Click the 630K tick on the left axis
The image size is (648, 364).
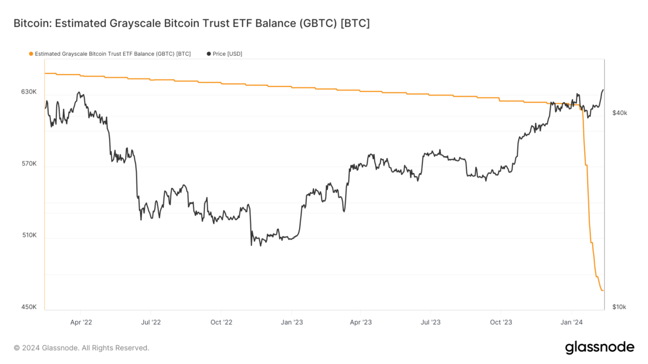[x=29, y=92]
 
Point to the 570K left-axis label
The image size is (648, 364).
[x=29, y=164]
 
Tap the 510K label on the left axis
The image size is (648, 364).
[x=29, y=235]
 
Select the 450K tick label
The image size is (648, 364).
[x=29, y=307]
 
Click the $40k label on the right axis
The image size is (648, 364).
[x=619, y=113]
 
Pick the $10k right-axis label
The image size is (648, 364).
[x=619, y=307]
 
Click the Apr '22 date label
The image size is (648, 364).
[x=81, y=322]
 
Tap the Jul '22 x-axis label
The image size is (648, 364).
[x=151, y=322]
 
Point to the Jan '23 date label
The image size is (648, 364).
[x=291, y=322]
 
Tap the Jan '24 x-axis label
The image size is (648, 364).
[x=571, y=322]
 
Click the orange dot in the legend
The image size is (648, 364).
[x=31, y=54]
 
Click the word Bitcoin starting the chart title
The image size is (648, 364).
[x=30, y=24]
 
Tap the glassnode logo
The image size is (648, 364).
[x=599, y=347]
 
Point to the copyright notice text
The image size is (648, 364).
[x=81, y=348]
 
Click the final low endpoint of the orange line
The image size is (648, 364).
[x=603, y=290]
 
